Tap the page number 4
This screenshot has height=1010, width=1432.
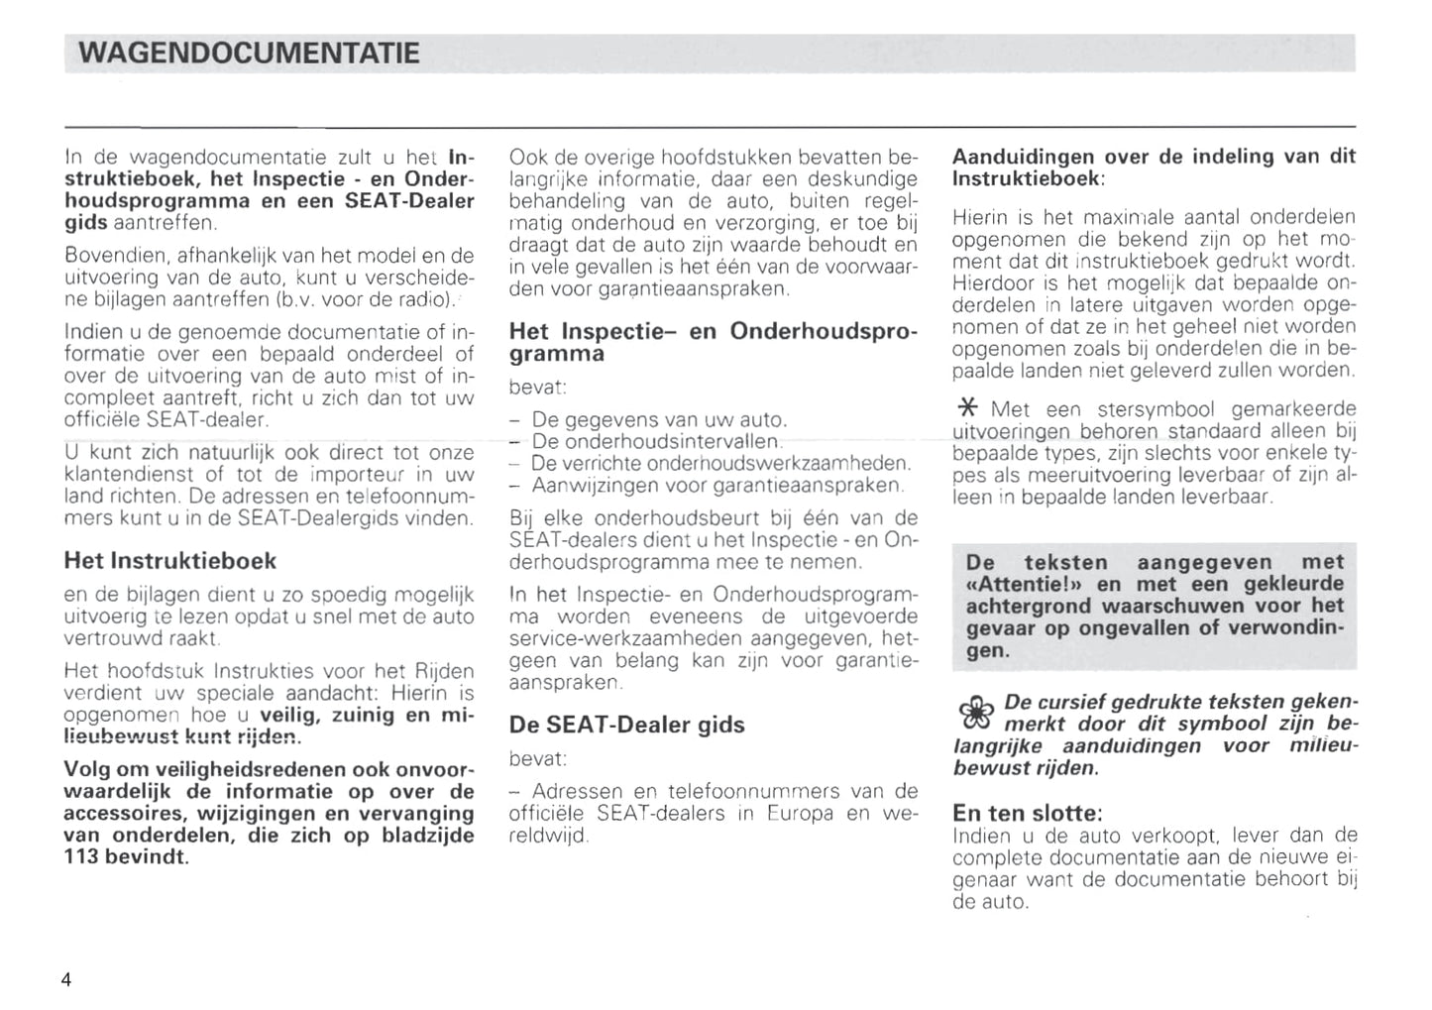66,980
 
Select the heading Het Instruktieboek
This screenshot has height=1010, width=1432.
169,561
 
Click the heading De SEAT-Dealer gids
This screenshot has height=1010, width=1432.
626,725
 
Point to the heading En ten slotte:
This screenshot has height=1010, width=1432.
1027,813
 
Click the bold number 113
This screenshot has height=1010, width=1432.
82,856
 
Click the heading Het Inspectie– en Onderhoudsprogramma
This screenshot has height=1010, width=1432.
713,341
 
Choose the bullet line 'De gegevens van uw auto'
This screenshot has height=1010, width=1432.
659,419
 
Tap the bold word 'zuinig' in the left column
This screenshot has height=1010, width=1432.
357,715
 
